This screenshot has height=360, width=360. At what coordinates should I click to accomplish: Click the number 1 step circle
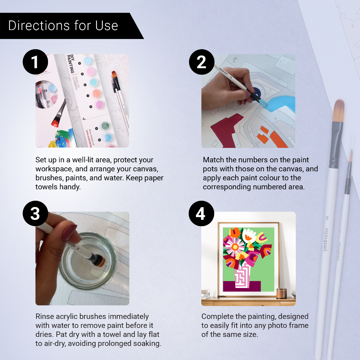(x=35, y=62)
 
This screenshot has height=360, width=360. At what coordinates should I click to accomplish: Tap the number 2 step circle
(x=202, y=62)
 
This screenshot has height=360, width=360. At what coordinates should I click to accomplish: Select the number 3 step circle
(x=35, y=213)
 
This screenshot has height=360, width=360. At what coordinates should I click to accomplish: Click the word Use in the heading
(x=107, y=26)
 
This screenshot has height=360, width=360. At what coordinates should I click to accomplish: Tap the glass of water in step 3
(x=87, y=264)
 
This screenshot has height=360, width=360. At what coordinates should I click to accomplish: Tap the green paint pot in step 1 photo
(x=105, y=125)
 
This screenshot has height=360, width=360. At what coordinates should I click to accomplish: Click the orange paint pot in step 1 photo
(x=96, y=93)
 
